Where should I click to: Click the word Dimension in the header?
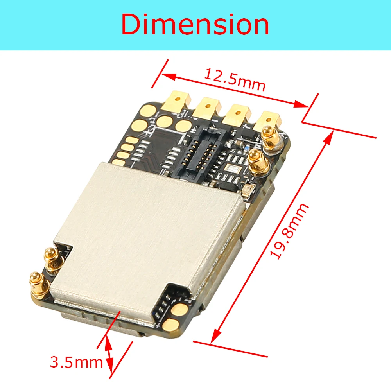[195, 24]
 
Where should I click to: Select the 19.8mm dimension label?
[289, 231]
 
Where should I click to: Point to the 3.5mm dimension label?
[76, 362]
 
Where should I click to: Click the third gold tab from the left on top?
[238, 113]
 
